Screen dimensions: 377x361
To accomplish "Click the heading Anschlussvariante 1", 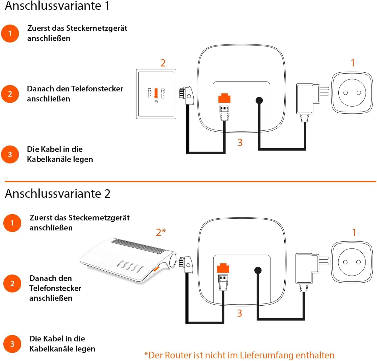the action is coord(57,6).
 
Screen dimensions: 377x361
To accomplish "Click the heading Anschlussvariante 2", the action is coord(58,193).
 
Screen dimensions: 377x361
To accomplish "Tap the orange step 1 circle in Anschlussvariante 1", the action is coord(10,33).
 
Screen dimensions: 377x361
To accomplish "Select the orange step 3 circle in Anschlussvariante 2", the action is coord(12,344).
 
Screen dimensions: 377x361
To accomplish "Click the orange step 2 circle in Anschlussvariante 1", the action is coord(10,94).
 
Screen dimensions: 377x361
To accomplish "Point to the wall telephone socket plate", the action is coord(156,94).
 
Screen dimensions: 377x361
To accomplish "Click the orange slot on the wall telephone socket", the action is coord(156,93).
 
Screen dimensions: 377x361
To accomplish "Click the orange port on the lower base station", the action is coord(223,268).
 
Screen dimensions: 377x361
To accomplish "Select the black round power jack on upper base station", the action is coord(259,100).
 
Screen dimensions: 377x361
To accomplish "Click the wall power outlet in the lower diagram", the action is coord(352,262).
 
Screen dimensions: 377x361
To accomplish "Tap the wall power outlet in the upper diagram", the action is coord(352,93).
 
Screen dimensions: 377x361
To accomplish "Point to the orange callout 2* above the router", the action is coord(161,232).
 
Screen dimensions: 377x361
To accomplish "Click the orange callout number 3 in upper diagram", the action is coord(240,143).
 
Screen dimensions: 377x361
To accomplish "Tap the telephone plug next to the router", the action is coord(186,265).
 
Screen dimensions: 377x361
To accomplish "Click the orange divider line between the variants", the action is coord(190,182).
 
